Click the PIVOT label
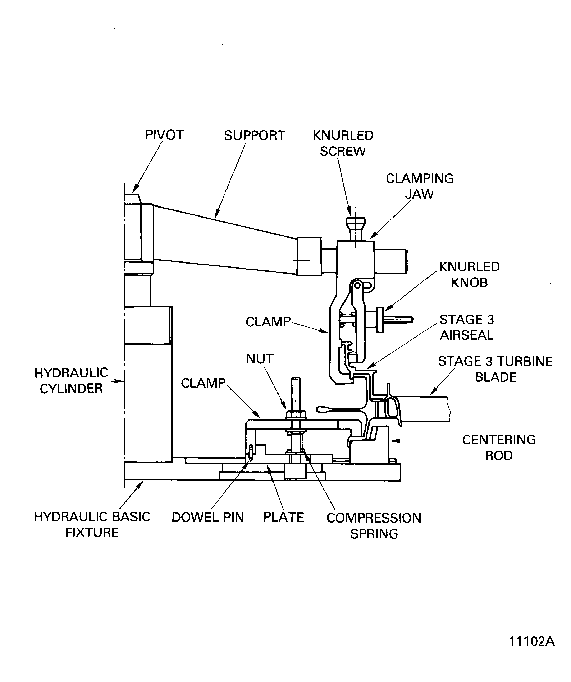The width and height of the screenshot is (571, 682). tap(164, 135)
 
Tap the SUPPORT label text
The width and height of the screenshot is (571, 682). tap(255, 136)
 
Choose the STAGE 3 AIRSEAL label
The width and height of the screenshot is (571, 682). tap(467, 327)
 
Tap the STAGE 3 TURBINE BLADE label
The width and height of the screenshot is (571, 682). tap(495, 369)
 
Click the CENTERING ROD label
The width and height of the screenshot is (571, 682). tap(499, 447)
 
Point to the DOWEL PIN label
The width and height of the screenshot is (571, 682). tap(208, 517)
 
